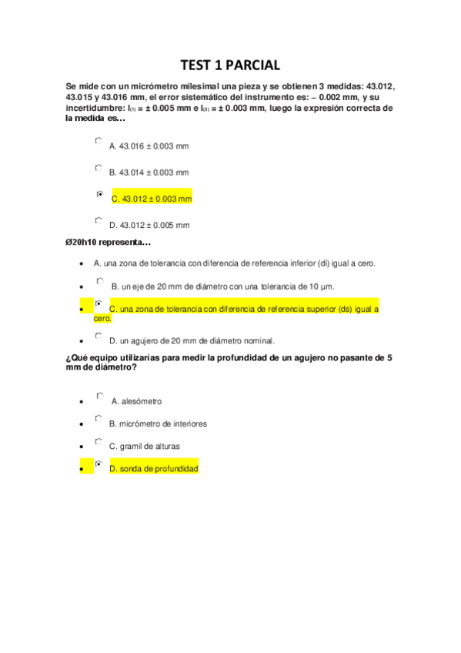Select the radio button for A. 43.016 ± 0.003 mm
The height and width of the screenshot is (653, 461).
pyautogui.click(x=99, y=141)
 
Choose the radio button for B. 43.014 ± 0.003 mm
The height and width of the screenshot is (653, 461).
pyautogui.click(x=99, y=167)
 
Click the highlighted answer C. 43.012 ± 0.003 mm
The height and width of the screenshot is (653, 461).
pyautogui.click(x=152, y=199)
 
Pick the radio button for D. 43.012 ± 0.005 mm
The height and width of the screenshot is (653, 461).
pyautogui.click(x=99, y=220)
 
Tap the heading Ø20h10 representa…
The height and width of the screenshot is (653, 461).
pyautogui.click(x=108, y=243)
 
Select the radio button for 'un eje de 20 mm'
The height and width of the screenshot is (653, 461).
pyautogui.click(x=99, y=283)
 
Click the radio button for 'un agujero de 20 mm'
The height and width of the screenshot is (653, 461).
pyautogui.click(x=99, y=336)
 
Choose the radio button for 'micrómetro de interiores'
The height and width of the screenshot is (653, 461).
pyautogui.click(x=99, y=419)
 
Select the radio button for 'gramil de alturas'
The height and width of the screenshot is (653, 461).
pyautogui.click(x=99, y=442)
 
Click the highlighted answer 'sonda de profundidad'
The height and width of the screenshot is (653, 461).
pyautogui.click(x=154, y=468)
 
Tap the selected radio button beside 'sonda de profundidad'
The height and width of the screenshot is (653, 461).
pyautogui.click(x=99, y=464)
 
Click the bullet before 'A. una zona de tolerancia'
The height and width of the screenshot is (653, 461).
pyautogui.click(x=82, y=264)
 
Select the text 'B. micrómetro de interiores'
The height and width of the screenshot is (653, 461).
pyautogui.click(x=158, y=424)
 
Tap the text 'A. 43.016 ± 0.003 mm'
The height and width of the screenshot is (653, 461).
pyautogui.click(x=149, y=146)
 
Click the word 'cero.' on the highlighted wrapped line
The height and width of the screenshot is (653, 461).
pyautogui.click(x=102, y=318)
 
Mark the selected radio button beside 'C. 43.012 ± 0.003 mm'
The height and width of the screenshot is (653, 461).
pyautogui.click(x=99, y=194)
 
